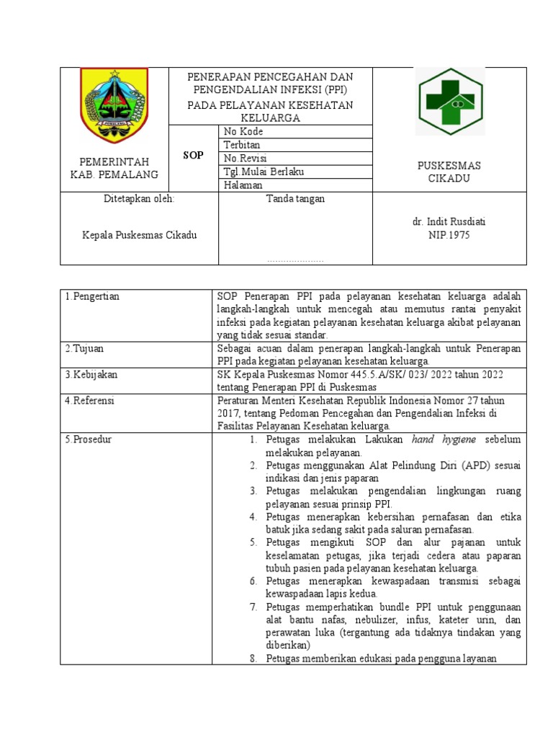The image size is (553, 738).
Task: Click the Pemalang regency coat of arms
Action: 114,105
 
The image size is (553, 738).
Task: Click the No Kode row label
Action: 244,132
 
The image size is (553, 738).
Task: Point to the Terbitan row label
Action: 242,145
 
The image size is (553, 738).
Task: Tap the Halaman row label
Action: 243,184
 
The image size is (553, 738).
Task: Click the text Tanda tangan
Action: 295,199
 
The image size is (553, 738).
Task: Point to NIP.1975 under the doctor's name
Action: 449,235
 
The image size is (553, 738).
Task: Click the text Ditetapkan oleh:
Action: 139,199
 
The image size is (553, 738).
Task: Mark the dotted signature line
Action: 295,262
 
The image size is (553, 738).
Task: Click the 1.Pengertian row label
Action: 92,297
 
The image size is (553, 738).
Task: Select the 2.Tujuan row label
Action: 84,349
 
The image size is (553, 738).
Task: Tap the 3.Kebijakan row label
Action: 91,375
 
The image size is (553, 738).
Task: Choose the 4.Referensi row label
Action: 90,401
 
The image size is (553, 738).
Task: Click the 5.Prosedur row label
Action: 88,440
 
